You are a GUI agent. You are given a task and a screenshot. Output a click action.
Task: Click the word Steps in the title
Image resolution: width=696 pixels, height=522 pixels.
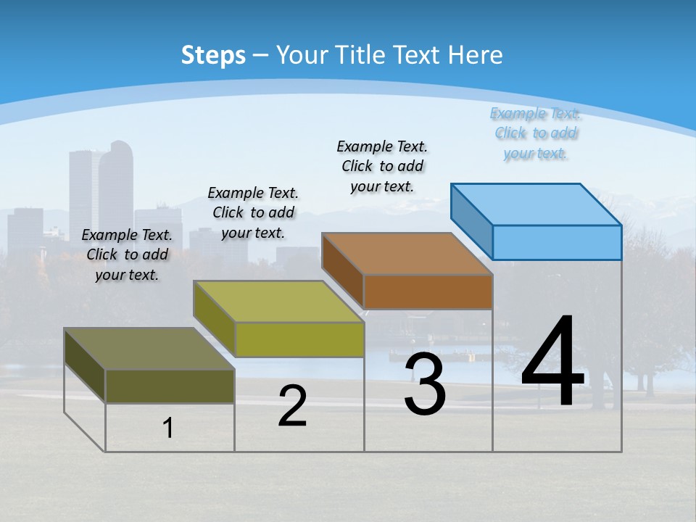213,55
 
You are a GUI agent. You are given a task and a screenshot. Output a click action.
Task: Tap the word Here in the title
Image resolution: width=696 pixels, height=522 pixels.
476,55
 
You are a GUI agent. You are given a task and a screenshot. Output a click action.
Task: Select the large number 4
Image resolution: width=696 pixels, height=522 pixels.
552,362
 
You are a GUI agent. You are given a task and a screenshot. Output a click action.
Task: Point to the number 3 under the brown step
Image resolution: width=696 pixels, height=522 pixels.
425,385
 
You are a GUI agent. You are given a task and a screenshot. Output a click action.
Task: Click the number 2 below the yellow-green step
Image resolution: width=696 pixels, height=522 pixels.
292,407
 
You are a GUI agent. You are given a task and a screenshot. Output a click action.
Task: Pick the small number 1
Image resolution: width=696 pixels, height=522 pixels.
168,428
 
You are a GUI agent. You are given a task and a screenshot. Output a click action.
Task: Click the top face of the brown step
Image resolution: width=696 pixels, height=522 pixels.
407,254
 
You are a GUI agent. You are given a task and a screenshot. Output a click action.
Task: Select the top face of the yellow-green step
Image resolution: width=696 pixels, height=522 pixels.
278,302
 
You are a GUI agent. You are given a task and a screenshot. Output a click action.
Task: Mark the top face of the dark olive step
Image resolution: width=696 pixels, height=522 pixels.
149,349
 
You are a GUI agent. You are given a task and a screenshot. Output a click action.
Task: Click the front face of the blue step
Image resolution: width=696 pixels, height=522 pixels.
557,242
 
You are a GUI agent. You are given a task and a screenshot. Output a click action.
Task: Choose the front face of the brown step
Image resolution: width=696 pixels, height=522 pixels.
428,291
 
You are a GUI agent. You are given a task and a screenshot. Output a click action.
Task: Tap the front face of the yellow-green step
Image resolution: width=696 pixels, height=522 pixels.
299,339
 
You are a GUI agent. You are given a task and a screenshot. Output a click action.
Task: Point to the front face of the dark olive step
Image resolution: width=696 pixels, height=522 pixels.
170,386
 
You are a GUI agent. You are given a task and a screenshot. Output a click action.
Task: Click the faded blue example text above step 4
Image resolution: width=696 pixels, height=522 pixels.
536,133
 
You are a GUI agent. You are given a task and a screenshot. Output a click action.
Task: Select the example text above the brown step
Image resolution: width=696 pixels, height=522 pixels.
382,166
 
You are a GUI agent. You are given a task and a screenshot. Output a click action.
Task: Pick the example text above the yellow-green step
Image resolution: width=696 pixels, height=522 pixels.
253,212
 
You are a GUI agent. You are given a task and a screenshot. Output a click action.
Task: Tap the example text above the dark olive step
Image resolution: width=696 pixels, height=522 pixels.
127,254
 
